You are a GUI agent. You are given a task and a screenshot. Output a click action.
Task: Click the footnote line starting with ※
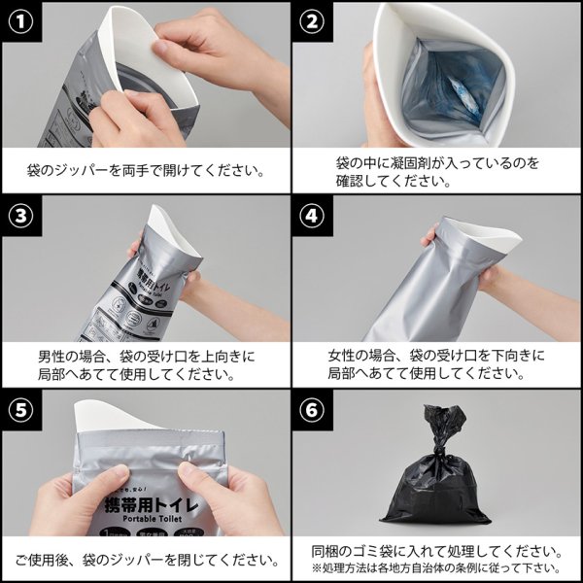436,567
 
